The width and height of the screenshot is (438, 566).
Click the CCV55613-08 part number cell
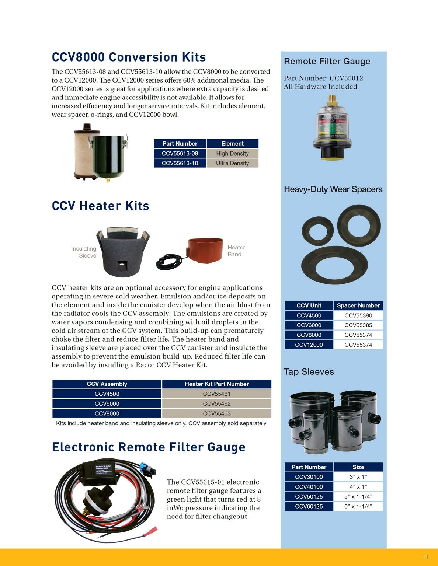click(x=180, y=153)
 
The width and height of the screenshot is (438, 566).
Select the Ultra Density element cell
click(x=232, y=163)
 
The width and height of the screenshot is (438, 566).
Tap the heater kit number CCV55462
click(x=216, y=403)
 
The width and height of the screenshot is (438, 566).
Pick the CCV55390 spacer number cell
click(x=358, y=315)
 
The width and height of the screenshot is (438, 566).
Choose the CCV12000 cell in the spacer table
click(x=309, y=345)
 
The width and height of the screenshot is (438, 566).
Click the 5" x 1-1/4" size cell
click(x=358, y=496)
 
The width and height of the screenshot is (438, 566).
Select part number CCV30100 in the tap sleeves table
click(x=309, y=477)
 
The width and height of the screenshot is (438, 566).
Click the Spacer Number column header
click(x=358, y=305)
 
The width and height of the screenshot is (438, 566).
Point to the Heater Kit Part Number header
click(x=216, y=384)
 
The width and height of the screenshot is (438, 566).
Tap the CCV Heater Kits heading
click(x=100, y=206)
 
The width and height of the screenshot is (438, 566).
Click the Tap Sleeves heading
click(x=309, y=372)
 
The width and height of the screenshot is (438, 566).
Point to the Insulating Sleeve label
click(x=84, y=252)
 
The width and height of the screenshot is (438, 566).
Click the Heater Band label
click(x=236, y=251)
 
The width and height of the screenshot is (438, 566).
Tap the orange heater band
click(x=205, y=250)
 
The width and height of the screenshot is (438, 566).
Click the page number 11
click(x=425, y=557)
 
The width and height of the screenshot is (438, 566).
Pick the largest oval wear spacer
click(x=334, y=265)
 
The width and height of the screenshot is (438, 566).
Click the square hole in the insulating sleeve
click(x=121, y=265)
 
